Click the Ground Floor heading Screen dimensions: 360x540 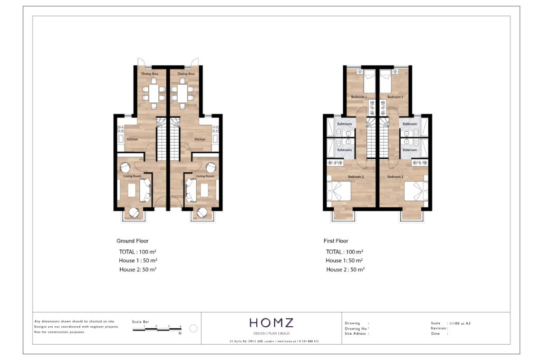pyautogui.click(x=132, y=241)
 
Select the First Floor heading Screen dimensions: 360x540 pyautogui.click(x=336, y=241)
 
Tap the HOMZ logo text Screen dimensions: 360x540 pyautogui.click(x=272, y=323)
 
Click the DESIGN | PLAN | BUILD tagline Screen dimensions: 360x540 pyautogui.click(x=272, y=334)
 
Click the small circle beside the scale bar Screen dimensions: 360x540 pyautogui.click(x=193, y=328)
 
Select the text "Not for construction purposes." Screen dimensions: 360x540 pyautogui.click(x=60, y=333)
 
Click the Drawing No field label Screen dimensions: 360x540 pyautogui.click(x=356, y=328)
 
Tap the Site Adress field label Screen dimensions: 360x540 pyautogui.click(x=356, y=334)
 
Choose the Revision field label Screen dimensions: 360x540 pyautogui.click(x=439, y=328)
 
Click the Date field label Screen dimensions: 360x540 pyautogui.click(x=436, y=333)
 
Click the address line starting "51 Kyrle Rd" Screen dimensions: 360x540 pyautogui.click(x=274, y=342)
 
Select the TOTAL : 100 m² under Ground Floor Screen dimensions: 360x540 pyautogui.click(x=138, y=252)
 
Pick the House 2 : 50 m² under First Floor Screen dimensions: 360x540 pyautogui.click(x=345, y=269)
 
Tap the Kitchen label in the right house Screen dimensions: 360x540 pyautogui.click(x=200, y=140)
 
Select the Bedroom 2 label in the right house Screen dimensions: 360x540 pyautogui.click(x=395, y=177)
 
